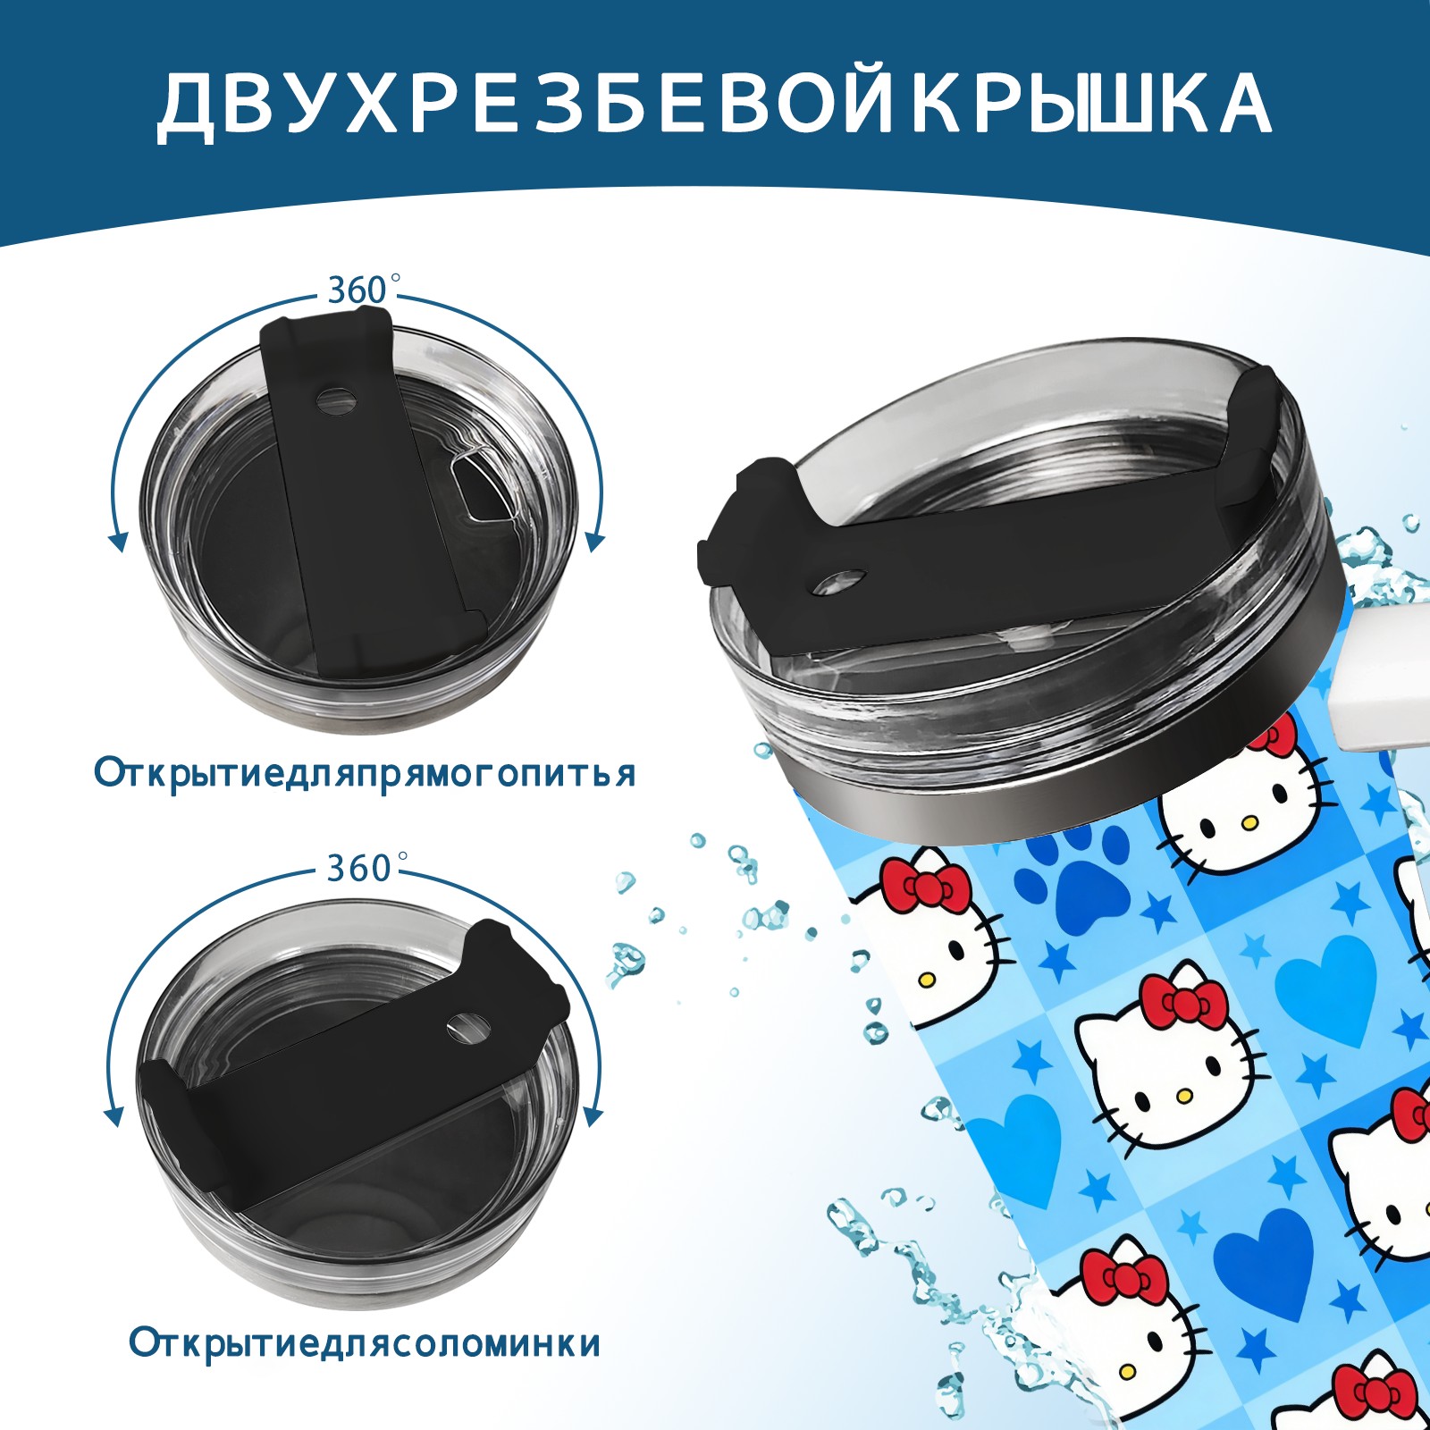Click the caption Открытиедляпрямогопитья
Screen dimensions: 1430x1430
[x=365, y=773]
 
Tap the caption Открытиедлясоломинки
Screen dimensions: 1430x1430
[x=365, y=1343]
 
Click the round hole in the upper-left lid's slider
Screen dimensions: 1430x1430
[x=336, y=400]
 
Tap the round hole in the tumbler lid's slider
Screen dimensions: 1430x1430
[x=842, y=581]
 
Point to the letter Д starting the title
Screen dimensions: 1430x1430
[x=189, y=106]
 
